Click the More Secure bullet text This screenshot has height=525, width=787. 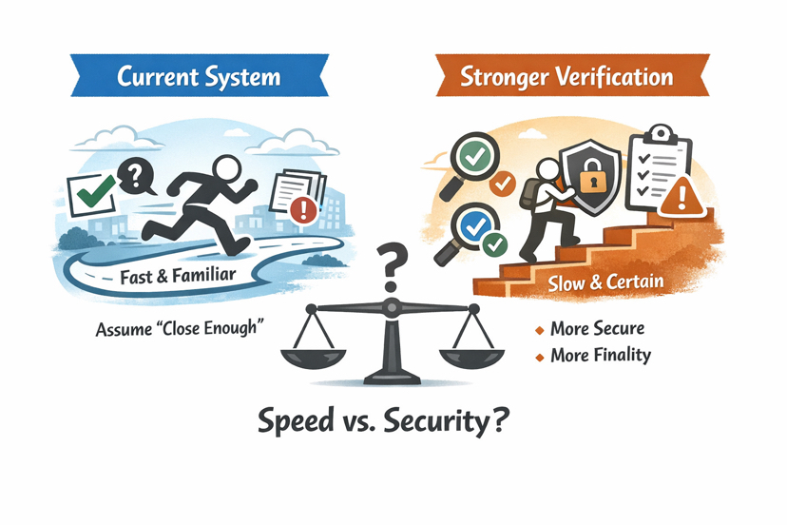(x=598, y=329)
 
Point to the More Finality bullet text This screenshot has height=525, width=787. (x=601, y=356)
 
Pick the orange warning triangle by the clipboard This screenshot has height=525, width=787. (x=676, y=199)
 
